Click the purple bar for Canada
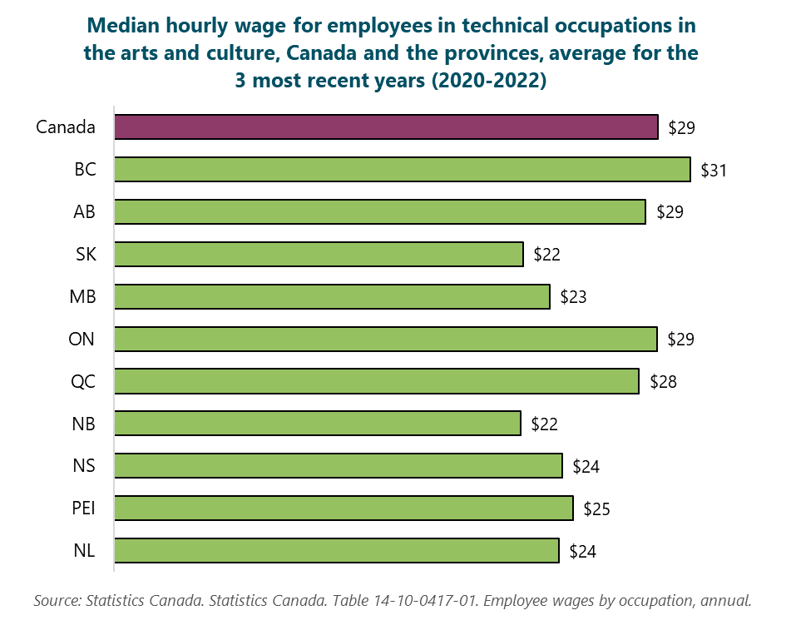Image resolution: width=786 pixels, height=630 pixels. [x=386, y=127]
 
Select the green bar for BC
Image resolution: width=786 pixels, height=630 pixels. [x=402, y=170]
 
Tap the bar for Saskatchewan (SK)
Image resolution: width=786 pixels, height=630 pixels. [x=319, y=254]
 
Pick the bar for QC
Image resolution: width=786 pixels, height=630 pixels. [x=376, y=381]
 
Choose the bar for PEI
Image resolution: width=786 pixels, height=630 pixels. [x=344, y=508]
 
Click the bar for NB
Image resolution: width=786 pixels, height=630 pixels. [x=317, y=424]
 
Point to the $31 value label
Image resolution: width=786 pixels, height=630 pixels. [x=714, y=170]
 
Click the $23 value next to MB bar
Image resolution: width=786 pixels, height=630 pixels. [x=573, y=296]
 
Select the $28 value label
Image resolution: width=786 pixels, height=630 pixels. [x=663, y=382]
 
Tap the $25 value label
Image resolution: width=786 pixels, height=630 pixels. [x=596, y=508]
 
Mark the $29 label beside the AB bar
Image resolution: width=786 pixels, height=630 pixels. [x=670, y=212]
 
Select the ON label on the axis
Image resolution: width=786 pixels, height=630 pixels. [x=82, y=339]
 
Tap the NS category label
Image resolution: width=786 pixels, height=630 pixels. [x=83, y=466]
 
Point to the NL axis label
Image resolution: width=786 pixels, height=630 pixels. [x=83, y=551]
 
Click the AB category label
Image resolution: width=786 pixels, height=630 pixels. [x=83, y=212]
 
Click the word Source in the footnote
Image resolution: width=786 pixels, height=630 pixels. [x=57, y=600]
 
